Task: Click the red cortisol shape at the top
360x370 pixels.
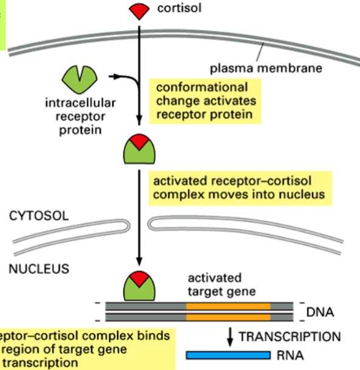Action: click(140, 10)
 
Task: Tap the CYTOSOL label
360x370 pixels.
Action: click(40, 216)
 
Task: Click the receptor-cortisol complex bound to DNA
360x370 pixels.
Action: click(140, 284)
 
